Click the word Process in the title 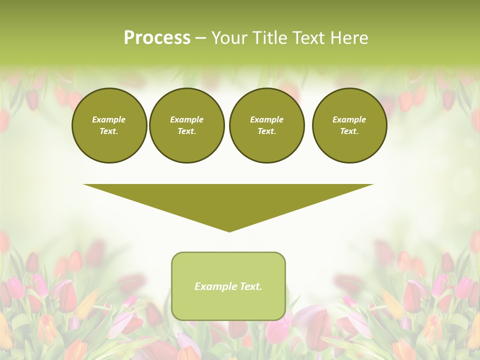pos(157,38)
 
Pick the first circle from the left pos(109,125)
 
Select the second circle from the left pos(187,125)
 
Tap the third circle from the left pos(266,125)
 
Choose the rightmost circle pos(349,125)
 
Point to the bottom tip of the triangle pos(229,231)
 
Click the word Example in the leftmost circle pos(109,119)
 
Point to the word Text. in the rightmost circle pos(349,131)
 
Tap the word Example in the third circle pos(266,119)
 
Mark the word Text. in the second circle pos(187,131)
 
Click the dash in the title pos(200,38)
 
